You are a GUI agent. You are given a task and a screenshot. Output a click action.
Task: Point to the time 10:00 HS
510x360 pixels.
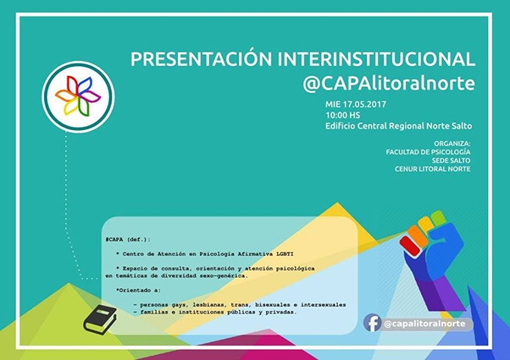point(344,115)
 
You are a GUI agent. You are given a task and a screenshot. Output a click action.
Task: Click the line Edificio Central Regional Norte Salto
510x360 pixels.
point(399,126)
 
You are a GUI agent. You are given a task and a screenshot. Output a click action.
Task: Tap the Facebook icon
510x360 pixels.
point(373,323)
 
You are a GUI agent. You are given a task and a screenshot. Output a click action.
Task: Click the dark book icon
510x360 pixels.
point(100,318)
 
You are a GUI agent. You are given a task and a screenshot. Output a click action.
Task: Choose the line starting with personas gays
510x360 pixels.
point(239,304)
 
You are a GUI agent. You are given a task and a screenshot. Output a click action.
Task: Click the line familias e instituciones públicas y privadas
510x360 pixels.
point(215,311)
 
